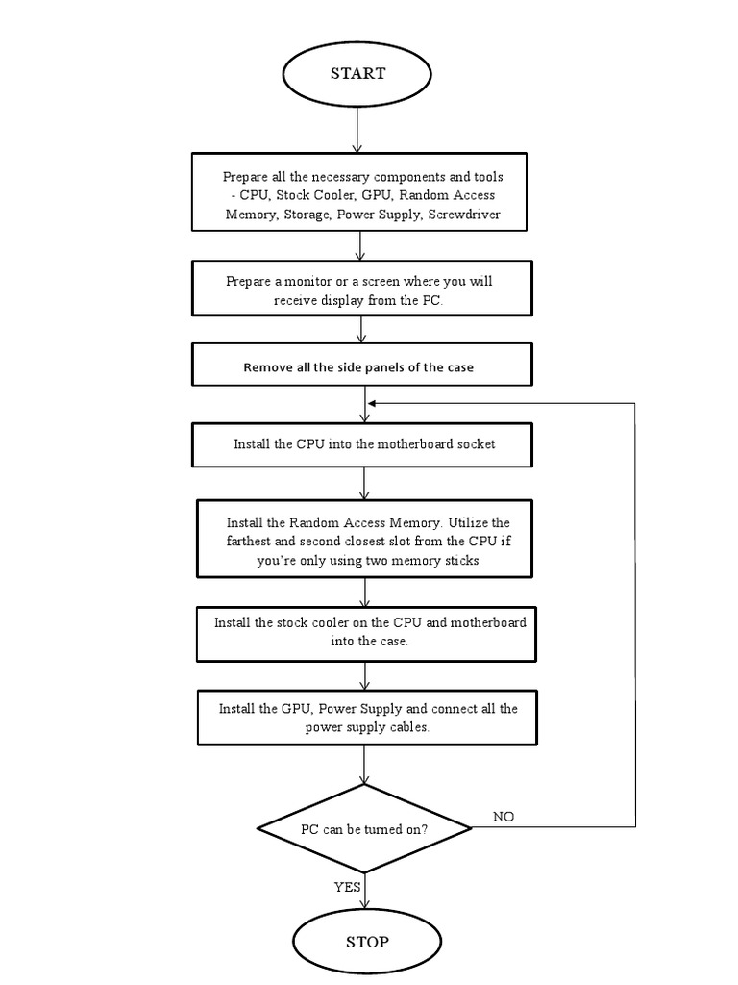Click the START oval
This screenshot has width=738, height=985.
click(x=357, y=74)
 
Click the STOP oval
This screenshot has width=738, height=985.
click(x=366, y=941)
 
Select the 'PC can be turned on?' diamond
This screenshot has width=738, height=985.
click(x=364, y=828)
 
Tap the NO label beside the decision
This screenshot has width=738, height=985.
click(x=504, y=817)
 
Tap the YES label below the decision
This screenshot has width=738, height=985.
click(x=347, y=887)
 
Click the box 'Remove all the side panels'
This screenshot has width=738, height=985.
click(x=359, y=366)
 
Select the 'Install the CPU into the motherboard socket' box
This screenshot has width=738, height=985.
click(x=363, y=444)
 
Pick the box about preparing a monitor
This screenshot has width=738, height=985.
click(x=359, y=289)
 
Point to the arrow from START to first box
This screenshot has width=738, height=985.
click(x=357, y=130)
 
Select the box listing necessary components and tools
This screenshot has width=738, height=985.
click(x=359, y=191)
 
